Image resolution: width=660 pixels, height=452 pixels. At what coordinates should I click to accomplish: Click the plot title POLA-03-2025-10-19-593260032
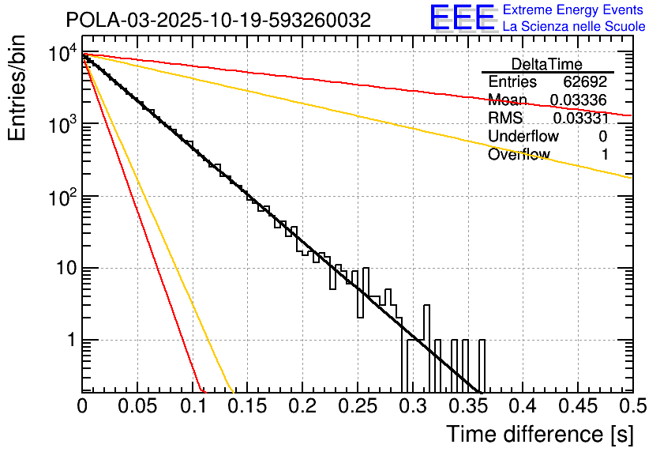(x=219, y=21)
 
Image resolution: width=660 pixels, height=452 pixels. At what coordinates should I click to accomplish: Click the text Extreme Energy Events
(x=574, y=10)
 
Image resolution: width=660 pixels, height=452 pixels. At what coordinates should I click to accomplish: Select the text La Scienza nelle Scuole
(x=574, y=26)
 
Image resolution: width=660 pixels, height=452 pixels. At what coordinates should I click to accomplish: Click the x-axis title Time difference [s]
(x=539, y=434)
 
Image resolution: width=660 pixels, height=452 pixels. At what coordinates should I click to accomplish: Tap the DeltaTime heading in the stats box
(x=547, y=64)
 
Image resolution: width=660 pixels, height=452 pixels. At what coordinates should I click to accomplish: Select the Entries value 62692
(x=586, y=82)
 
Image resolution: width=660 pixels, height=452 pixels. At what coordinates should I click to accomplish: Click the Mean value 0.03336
(x=579, y=100)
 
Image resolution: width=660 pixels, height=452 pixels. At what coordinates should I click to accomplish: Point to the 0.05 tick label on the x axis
(x=137, y=405)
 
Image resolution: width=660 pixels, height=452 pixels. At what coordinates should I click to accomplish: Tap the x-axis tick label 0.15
(x=247, y=405)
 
